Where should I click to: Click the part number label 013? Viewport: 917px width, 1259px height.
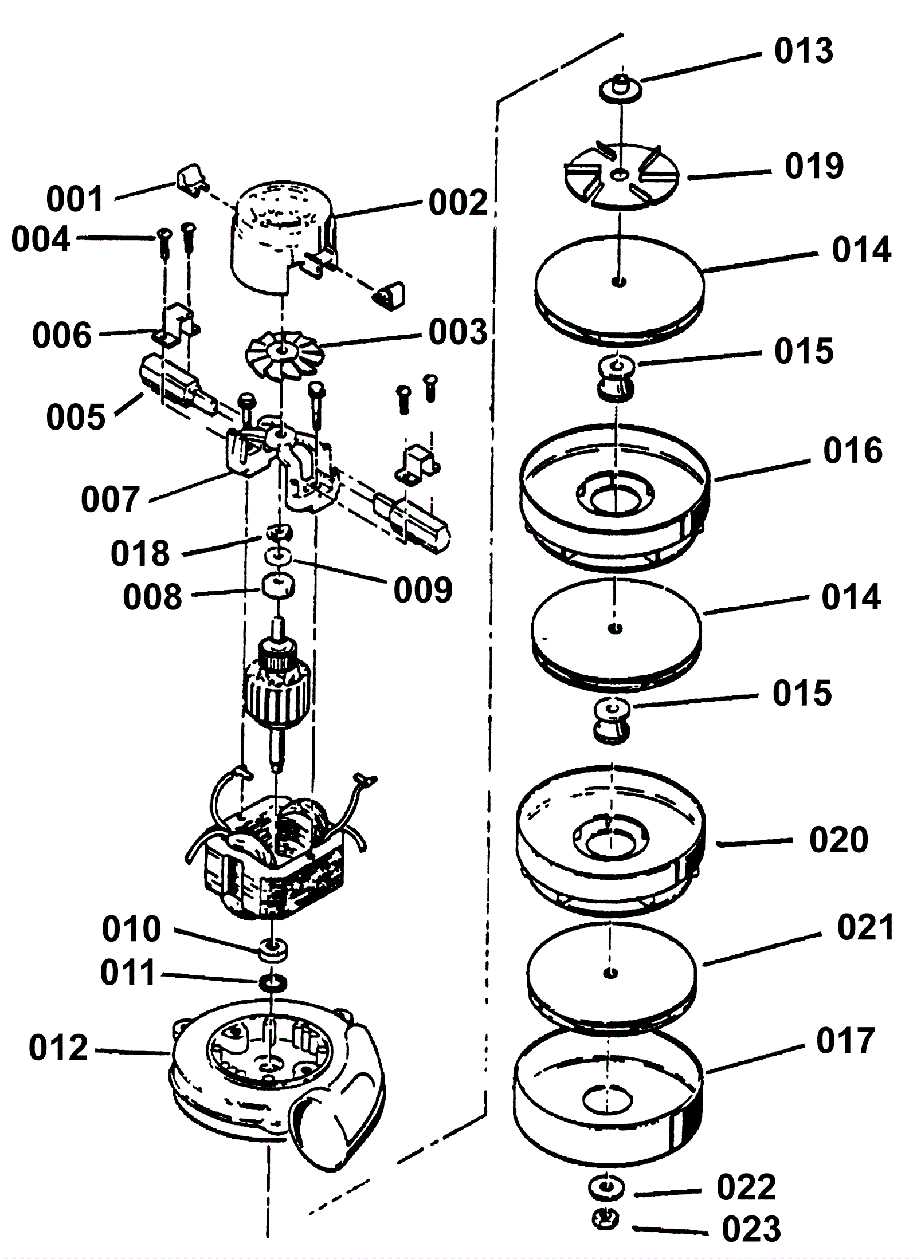pos(803,51)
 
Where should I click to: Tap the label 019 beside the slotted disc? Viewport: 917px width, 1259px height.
pos(814,166)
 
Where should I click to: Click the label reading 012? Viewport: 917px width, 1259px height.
pos(58,1048)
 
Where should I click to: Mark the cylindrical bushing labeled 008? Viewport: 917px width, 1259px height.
pos(277,585)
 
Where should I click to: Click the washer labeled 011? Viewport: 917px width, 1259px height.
pos(273,983)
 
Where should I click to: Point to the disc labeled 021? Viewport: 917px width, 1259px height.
pos(612,974)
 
